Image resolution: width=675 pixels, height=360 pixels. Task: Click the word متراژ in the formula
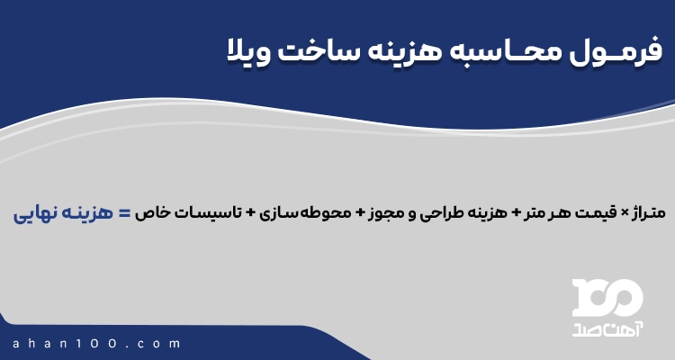tap(643, 213)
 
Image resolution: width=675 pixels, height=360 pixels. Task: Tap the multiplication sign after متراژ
tap(621, 213)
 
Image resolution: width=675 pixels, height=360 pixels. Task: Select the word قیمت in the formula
tap(597, 213)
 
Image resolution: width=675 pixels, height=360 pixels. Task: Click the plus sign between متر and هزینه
tap(516, 213)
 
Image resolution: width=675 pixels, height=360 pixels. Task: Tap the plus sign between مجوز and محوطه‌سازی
tap(360, 213)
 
